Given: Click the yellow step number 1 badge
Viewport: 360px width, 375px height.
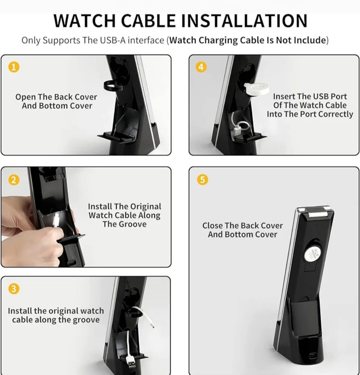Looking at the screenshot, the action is click(14, 67).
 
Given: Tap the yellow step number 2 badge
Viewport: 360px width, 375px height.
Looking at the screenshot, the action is click(14, 179).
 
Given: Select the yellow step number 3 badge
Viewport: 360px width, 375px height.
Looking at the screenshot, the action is click(14, 288).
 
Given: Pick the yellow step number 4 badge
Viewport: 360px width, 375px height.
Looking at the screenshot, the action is click(201, 67).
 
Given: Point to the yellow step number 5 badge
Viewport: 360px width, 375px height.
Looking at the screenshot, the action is click(202, 179).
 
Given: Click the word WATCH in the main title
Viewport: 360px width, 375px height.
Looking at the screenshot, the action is click(84, 21).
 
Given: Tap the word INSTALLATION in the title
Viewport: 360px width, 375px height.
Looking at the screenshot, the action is click(244, 21).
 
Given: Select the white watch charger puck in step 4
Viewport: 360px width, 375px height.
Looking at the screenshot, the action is click(256, 88).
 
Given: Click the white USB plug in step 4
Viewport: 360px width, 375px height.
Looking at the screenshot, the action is click(237, 131).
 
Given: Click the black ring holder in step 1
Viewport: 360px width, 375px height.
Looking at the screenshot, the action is click(112, 85).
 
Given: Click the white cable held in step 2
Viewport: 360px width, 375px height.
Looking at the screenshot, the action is click(56, 220).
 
